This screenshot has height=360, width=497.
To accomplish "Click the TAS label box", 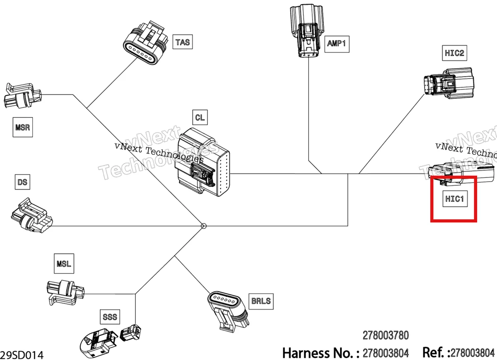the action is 183,42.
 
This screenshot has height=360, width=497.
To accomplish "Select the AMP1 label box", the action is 337,44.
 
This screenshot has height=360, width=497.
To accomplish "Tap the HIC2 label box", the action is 454,53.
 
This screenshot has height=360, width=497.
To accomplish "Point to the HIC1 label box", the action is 455,199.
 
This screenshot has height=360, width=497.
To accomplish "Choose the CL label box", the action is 200,117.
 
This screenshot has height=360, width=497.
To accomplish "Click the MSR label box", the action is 23,127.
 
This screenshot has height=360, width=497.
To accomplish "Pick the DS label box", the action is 22,182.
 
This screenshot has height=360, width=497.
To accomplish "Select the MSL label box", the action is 64,264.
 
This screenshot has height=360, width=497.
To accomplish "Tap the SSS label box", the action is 110,317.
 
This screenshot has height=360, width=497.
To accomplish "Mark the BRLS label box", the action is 261,301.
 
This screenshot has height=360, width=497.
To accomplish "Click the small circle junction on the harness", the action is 203,226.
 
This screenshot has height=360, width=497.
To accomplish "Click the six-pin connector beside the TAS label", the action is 145,43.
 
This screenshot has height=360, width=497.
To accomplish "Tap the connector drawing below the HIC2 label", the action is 449,84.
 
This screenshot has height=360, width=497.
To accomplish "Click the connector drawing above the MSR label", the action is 23,96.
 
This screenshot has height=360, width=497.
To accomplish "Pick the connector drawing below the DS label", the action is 31,216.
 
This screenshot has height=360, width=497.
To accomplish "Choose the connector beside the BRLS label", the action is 228,312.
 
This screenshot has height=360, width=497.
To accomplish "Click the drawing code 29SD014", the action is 22,355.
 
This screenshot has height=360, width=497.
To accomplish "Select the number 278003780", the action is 386,336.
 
